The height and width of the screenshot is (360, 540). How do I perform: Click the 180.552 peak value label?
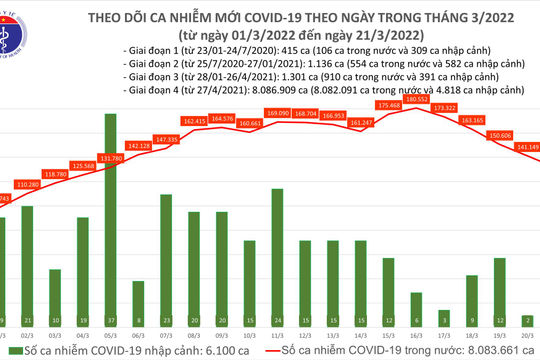click(417, 99)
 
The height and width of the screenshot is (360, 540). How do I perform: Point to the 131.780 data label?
click(110, 158)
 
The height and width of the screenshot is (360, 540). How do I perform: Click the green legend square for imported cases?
click(9, 353)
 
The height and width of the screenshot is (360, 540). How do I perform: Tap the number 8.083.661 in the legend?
click(478, 353)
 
